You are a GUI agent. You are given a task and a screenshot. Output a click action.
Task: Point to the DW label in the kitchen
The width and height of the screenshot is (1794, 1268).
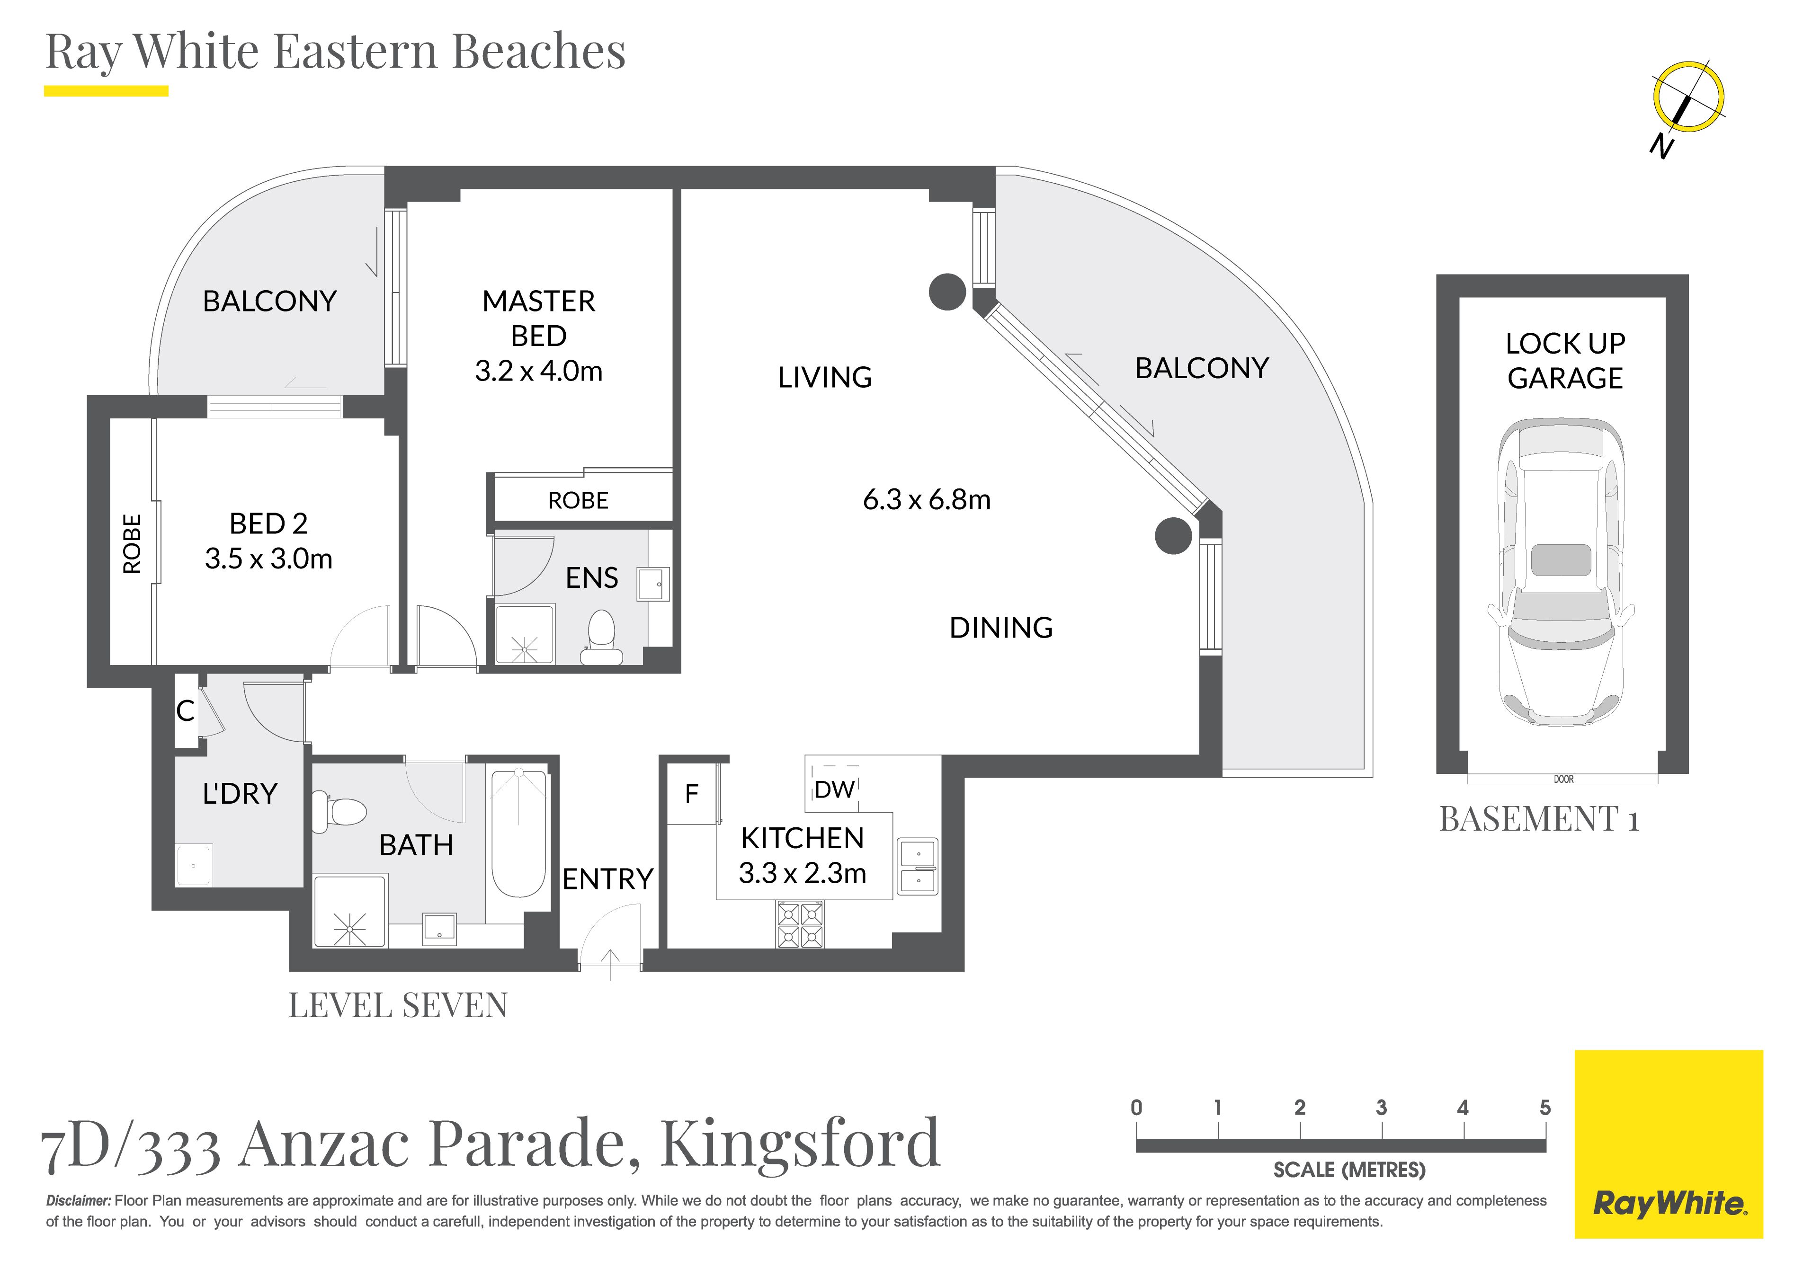pos(834,790)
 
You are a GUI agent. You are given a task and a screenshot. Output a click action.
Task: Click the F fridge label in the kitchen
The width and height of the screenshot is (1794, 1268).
pos(691,795)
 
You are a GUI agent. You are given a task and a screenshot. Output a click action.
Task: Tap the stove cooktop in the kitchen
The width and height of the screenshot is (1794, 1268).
pos(800,925)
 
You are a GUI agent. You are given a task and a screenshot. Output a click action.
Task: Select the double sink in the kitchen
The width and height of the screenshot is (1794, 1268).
pos(918,866)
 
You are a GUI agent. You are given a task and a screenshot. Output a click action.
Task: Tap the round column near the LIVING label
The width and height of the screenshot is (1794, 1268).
pos(947,292)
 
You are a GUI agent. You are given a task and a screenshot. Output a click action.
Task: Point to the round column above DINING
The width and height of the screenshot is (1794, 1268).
pos(1174,536)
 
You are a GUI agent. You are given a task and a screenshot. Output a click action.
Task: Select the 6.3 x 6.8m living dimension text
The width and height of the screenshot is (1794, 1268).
pos(927,500)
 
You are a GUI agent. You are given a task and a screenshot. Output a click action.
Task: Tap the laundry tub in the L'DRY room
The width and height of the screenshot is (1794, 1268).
pos(194,865)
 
